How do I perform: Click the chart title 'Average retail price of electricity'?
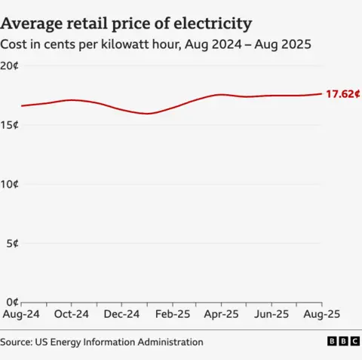pyautogui.click(x=126, y=24)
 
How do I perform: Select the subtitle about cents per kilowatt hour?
pyautogui.click(x=156, y=45)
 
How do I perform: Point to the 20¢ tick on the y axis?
pyautogui.click(x=10, y=66)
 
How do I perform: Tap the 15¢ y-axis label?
pyautogui.click(x=10, y=125)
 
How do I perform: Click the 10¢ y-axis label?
pyautogui.click(x=10, y=184)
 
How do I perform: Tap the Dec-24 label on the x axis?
pyautogui.click(x=121, y=314)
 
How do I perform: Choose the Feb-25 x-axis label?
pyautogui.click(x=171, y=314)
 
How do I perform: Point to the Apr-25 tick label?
pyautogui.click(x=222, y=314)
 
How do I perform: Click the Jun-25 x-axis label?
pyautogui.click(x=271, y=314)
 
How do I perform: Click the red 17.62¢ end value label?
pyautogui.click(x=342, y=94)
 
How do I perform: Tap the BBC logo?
pyautogui.click(x=343, y=342)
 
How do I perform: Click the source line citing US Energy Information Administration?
pyautogui.click(x=102, y=342)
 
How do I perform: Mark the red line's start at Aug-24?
pyautogui.click(x=21, y=105)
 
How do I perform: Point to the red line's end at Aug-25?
pyautogui.click(x=321, y=94)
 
